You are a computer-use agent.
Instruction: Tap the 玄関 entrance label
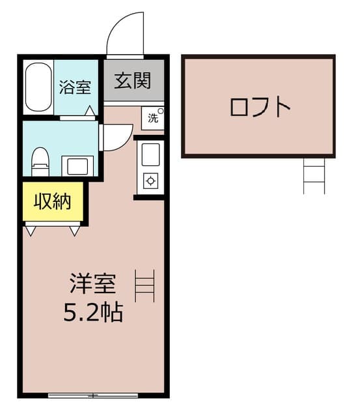pos(133,81)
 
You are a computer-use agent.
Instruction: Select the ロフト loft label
pos(259,107)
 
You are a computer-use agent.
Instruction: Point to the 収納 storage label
pos(52,202)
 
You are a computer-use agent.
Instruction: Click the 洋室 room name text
pos(93,285)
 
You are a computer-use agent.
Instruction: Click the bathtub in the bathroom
pos(38,87)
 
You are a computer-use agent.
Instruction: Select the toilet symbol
pos(40,160)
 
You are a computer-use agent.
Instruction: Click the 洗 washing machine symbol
pos(153,118)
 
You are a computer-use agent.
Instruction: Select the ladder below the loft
pos(314,175)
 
